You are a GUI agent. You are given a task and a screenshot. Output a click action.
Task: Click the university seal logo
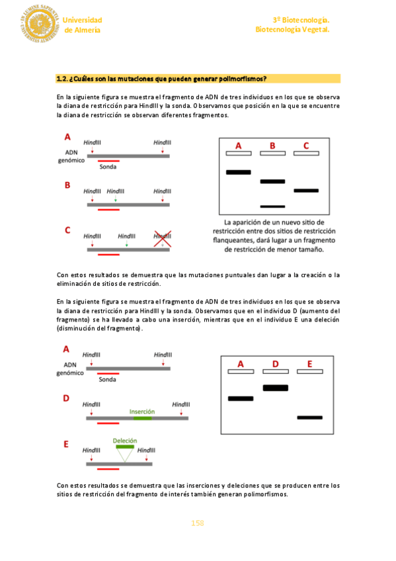[x=39, y=24]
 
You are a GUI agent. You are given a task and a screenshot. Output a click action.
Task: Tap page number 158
[x=197, y=523]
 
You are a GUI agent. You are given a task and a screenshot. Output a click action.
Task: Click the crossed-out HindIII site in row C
[x=162, y=239]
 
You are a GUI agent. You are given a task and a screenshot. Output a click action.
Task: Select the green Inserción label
[x=142, y=411]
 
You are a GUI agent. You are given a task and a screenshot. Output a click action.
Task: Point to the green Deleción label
[x=125, y=441]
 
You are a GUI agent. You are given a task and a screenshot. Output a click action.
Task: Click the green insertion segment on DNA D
[x=142, y=418]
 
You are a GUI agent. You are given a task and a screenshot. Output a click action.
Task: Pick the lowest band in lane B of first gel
[x=272, y=206]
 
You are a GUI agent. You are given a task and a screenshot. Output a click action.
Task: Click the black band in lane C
[x=306, y=191]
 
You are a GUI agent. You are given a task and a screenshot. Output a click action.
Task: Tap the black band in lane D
[x=275, y=388]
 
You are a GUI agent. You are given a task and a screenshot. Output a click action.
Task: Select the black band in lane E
[x=309, y=417]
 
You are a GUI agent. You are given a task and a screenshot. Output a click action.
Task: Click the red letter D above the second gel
[x=275, y=364]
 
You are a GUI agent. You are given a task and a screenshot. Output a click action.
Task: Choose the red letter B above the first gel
[x=272, y=146]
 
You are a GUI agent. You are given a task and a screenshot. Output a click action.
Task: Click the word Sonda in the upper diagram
[x=108, y=167]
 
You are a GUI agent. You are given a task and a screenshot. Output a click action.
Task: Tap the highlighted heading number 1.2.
[x=61, y=79]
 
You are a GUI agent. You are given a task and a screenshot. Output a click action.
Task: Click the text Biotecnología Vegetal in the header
[x=292, y=29]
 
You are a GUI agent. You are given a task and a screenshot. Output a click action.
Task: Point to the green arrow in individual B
[x=116, y=198]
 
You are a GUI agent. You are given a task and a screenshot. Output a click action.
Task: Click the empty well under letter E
[x=309, y=371]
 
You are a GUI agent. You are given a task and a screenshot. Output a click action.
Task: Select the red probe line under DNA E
[x=108, y=468]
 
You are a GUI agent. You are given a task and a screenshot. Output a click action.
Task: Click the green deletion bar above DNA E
[x=125, y=447]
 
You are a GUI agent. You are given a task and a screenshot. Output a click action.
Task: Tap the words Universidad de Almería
[x=82, y=25]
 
